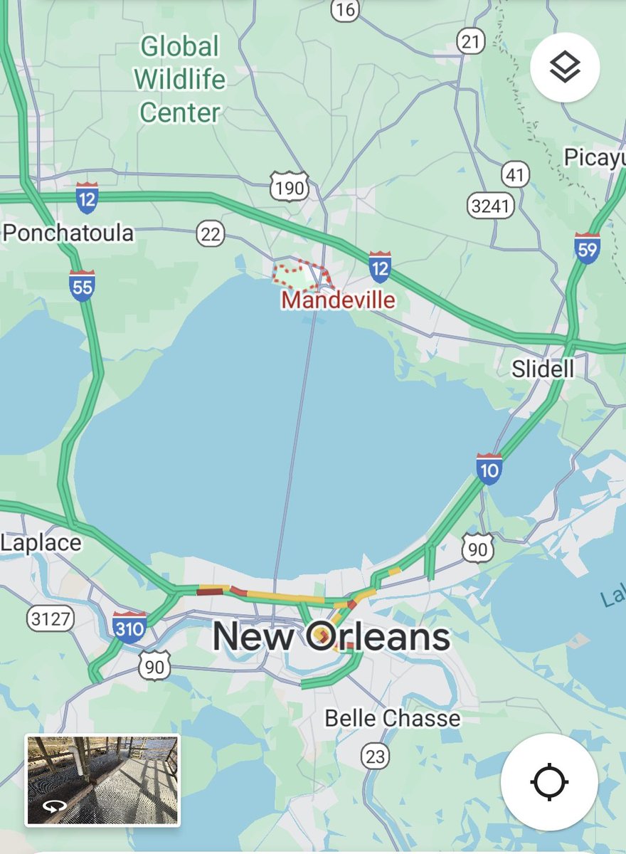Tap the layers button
click(565, 68)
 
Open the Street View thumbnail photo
click(102, 780)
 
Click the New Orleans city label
click(331, 637)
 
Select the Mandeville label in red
click(338, 300)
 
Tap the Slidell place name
click(543, 369)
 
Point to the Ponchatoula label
click(68, 233)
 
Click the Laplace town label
click(41, 543)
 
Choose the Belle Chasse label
click(392, 718)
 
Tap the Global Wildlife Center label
click(180, 80)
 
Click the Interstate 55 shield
click(83, 285)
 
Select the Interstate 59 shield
click(587, 248)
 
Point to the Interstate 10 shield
click(489, 468)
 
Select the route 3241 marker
click(491, 206)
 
